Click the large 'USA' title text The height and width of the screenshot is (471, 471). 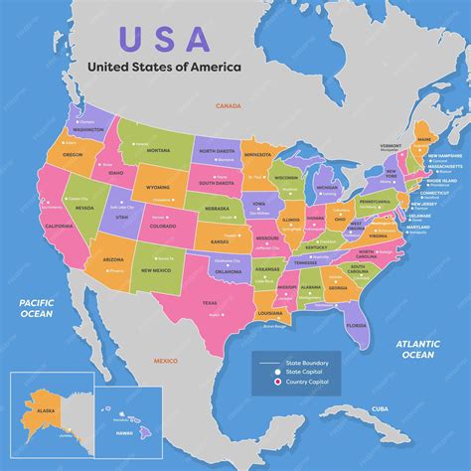165,38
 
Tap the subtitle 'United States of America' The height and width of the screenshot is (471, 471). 165,68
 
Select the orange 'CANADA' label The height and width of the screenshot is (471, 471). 229,104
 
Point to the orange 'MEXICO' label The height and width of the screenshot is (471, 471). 165,361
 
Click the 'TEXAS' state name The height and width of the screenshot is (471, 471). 210,302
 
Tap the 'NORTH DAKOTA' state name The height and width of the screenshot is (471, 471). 219,150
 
